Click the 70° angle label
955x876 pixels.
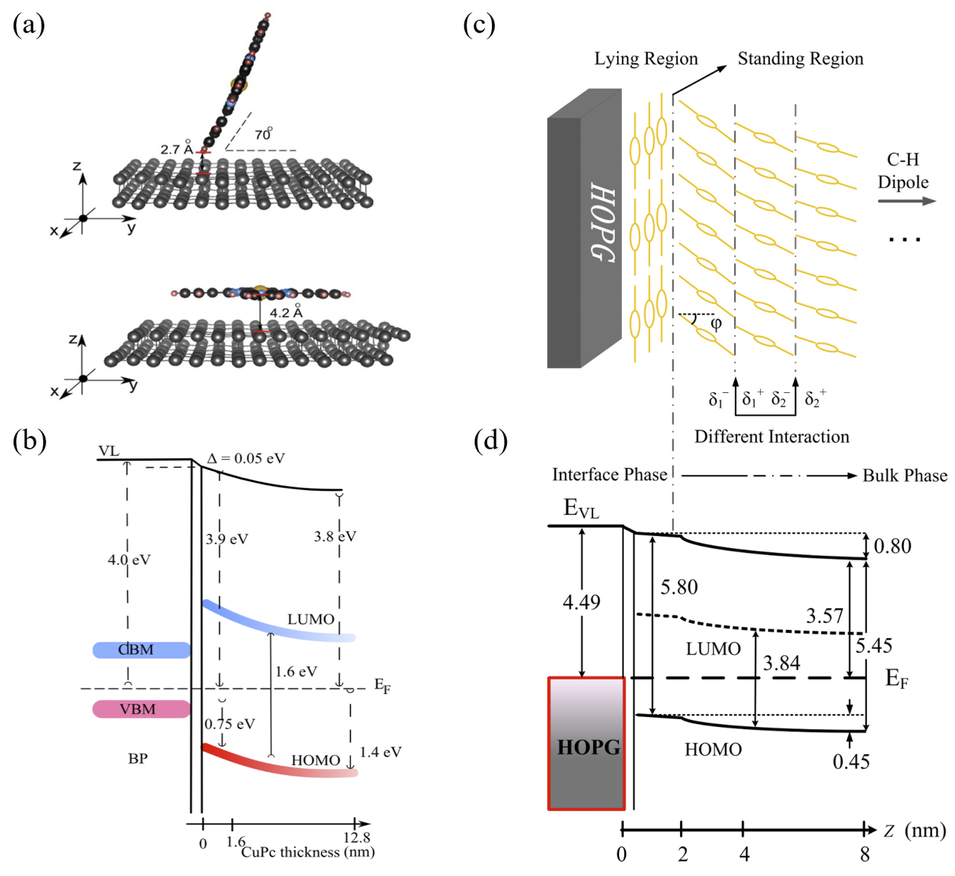(x=263, y=134)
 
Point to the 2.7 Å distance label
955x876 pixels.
(x=176, y=149)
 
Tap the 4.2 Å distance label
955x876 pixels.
(x=286, y=312)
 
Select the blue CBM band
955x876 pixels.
(x=141, y=650)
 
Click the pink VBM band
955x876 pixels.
(x=141, y=709)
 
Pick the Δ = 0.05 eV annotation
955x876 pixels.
(x=246, y=458)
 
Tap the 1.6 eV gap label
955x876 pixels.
(x=296, y=672)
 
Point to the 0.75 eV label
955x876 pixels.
(x=230, y=724)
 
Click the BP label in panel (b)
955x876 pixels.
(x=137, y=759)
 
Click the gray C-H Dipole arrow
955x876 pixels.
(x=907, y=201)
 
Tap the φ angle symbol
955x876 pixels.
(x=716, y=323)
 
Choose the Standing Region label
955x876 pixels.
(x=801, y=59)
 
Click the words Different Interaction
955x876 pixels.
(x=772, y=436)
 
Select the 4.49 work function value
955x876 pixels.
(x=581, y=602)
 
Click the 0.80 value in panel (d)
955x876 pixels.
(x=892, y=546)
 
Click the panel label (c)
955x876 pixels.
(x=479, y=25)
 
